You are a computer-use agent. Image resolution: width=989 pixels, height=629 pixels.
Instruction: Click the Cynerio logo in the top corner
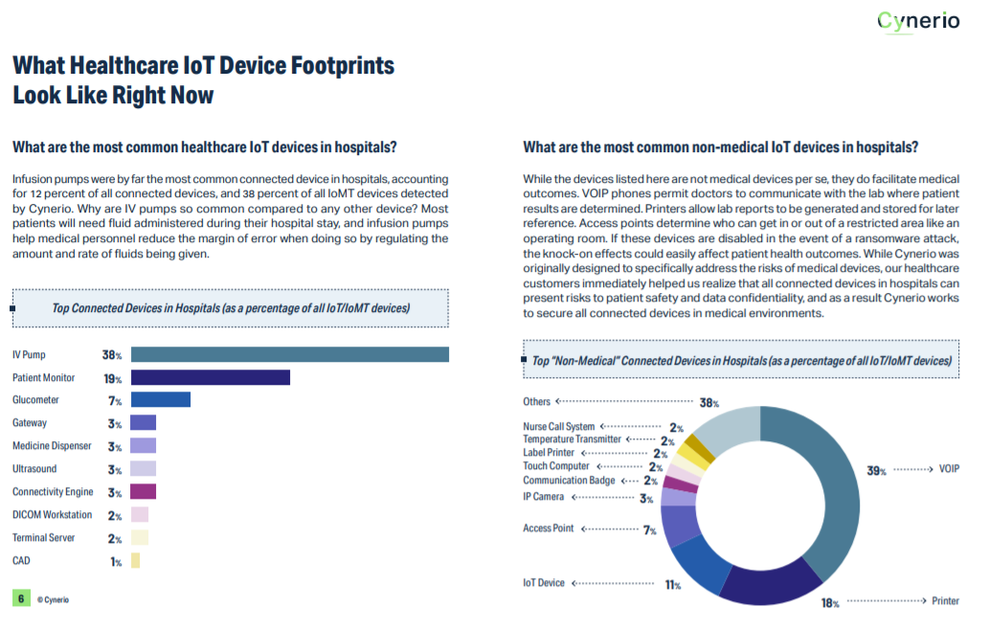(918, 20)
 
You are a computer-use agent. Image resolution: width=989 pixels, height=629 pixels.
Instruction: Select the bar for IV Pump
(289, 354)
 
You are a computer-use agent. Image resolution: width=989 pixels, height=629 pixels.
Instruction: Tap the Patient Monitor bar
(210, 377)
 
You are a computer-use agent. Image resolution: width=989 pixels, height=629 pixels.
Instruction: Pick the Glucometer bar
(160, 400)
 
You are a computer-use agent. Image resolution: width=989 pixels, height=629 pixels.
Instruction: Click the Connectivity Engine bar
(143, 492)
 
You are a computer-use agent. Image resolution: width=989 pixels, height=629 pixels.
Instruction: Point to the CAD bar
(135, 561)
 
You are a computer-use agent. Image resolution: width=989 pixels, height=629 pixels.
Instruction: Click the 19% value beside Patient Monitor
(112, 378)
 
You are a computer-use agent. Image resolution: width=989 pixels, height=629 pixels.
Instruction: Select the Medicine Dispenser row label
(52, 446)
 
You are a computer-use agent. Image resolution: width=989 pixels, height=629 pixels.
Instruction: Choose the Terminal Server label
(44, 538)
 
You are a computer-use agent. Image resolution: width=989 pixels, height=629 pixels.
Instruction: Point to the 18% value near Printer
(829, 603)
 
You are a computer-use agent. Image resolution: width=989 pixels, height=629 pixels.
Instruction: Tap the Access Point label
(549, 528)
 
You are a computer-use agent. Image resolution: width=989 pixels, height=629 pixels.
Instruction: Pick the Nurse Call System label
(558, 427)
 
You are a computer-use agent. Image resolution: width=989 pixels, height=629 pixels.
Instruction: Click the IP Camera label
(543, 497)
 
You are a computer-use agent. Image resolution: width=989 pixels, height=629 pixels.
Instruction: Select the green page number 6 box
(20, 598)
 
